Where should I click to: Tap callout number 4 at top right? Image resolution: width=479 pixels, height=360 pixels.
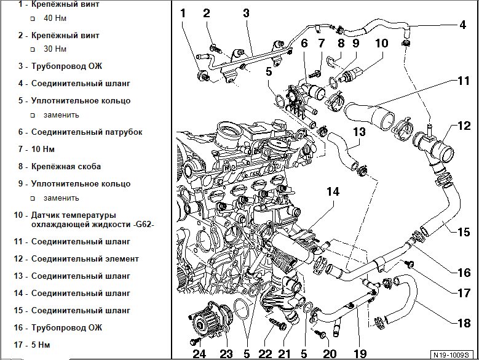462,25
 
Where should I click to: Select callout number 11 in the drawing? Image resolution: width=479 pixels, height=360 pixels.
463,81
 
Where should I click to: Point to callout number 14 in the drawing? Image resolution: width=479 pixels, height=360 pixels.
333,192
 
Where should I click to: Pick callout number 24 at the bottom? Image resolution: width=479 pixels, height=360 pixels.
199,353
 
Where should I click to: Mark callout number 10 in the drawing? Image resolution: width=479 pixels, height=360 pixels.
381,44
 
